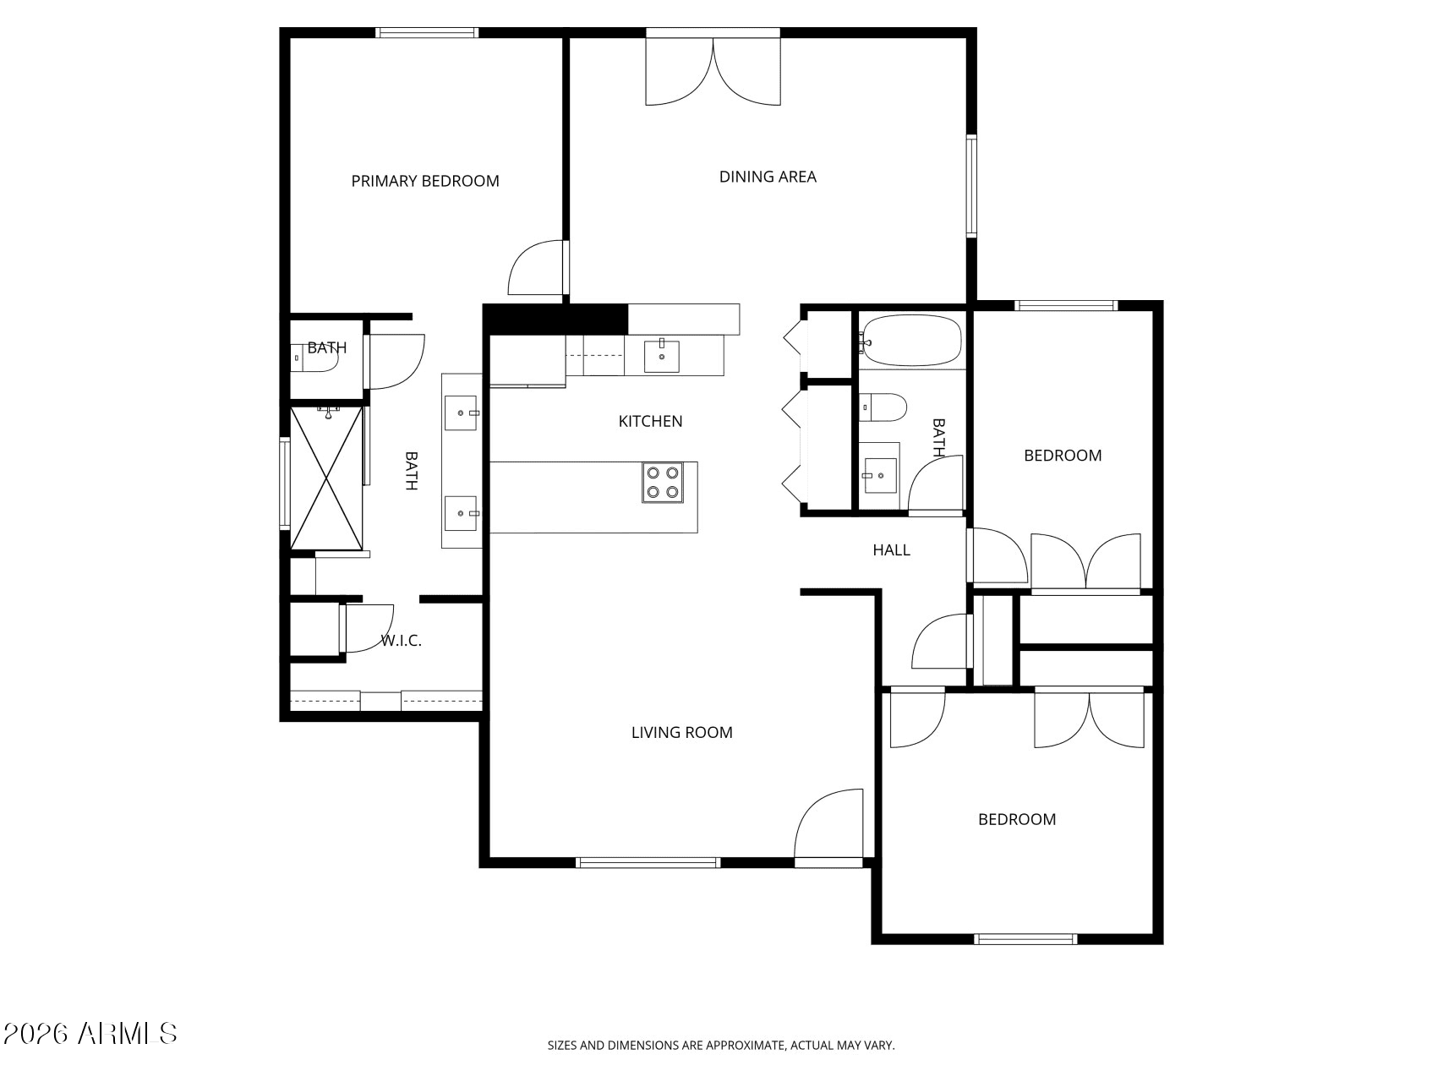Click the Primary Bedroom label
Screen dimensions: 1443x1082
(x=425, y=181)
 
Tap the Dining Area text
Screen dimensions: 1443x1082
(x=768, y=177)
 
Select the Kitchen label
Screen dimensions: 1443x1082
(x=650, y=421)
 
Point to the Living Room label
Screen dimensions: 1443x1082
(x=681, y=733)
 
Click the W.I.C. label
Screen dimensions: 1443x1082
(x=401, y=641)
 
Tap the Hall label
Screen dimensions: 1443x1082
(x=891, y=550)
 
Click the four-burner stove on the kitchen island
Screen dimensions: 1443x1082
(x=663, y=483)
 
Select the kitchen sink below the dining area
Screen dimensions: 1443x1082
(x=663, y=357)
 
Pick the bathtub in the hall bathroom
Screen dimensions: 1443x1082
(x=911, y=341)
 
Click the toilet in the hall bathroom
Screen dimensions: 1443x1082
(x=883, y=407)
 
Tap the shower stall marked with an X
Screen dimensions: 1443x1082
(x=327, y=478)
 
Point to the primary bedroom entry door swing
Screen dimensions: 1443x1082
(x=536, y=268)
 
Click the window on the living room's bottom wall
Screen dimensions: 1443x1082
(x=648, y=863)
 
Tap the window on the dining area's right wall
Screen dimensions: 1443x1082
(x=972, y=186)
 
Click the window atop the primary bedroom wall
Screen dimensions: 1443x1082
(x=427, y=33)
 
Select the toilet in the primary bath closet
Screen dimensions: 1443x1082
(x=314, y=358)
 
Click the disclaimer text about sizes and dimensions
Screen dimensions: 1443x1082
(x=721, y=1046)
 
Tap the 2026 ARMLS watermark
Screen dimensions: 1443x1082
(x=90, y=1033)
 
